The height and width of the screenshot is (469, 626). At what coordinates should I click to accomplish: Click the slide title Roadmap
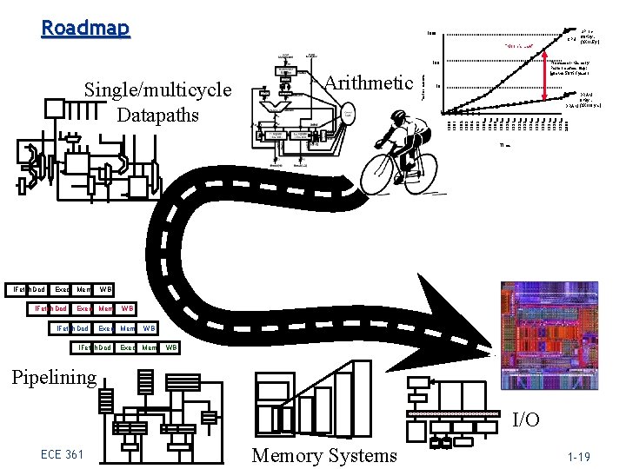(85, 29)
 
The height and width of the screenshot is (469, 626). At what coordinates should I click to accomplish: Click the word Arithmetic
(369, 83)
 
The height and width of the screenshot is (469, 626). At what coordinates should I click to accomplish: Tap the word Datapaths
(157, 115)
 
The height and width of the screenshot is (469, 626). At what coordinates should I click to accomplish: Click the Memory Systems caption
(324, 455)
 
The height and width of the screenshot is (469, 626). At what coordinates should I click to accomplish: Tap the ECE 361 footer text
(63, 455)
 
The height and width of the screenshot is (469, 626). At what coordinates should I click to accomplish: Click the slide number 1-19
(579, 456)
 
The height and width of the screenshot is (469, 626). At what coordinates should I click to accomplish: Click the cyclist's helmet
(398, 115)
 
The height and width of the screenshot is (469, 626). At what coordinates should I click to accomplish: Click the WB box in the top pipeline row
(105, 288)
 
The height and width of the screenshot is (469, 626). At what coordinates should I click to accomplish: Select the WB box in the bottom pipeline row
(171, 348)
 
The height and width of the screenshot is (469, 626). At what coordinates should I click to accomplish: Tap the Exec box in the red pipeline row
(84, 308)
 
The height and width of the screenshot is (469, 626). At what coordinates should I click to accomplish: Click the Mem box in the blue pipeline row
(127, 328)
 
